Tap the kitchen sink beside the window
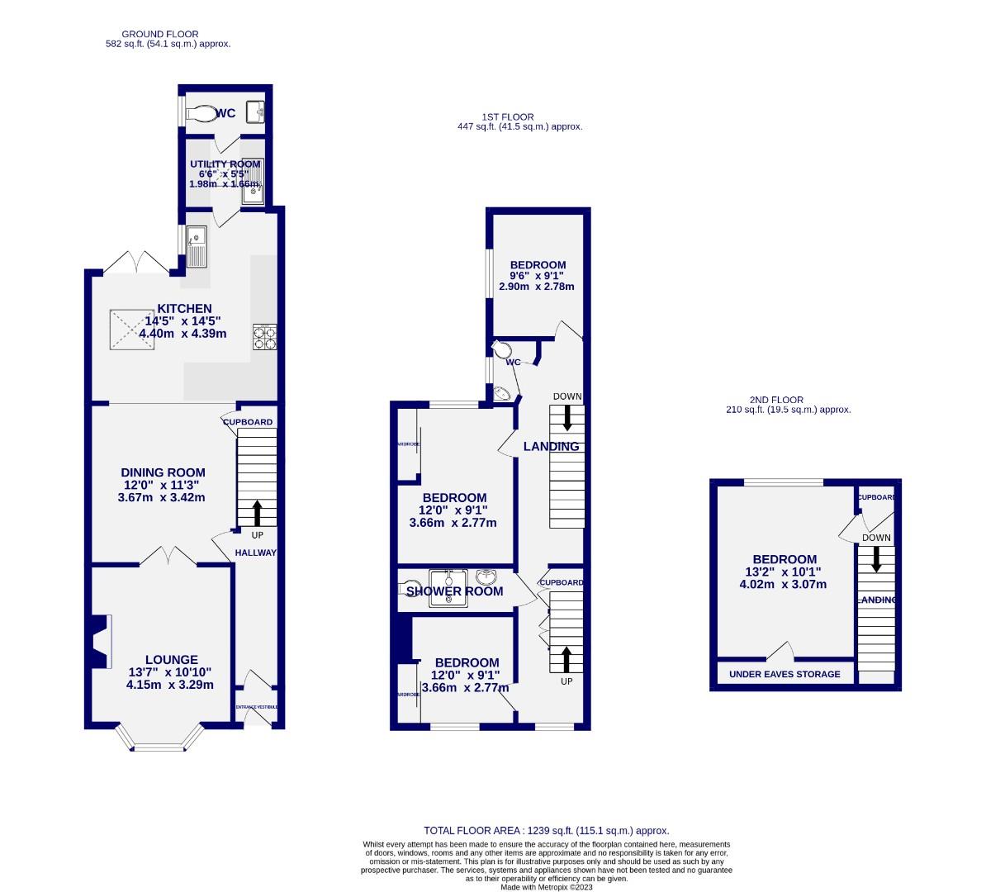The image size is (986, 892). pos(197,246)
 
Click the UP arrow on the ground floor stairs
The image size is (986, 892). pos(257,512)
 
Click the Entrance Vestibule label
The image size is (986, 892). pos(257,707)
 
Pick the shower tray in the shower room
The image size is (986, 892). pos(448,588)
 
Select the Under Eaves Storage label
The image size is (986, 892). pos(785,674)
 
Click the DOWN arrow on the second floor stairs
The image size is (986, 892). pos(876,559)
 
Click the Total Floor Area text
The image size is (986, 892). pos(546,831)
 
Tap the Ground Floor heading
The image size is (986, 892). pos(160,34)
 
